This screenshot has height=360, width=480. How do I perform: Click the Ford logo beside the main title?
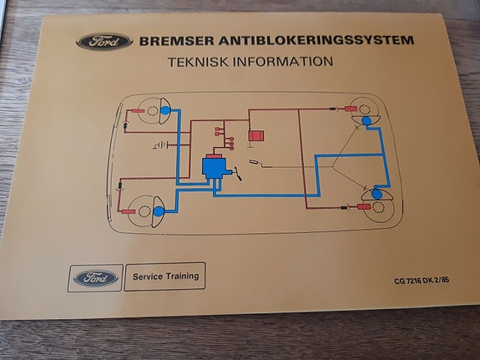[x=104, y=42]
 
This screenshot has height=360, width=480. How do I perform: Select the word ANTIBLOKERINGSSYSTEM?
[x=316, y=40]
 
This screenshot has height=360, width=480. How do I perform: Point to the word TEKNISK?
[x=198, y=62]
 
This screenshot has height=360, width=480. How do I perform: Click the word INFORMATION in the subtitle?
[x=282, y=61]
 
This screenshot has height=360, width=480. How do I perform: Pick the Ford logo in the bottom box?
[x=96, y=278]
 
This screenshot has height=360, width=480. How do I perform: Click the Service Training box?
[x=165, y=276]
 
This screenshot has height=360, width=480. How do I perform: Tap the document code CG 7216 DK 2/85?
[x=422, y=281]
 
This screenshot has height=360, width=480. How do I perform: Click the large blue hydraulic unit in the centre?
[x=215, y=167]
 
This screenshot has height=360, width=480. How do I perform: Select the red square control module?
[x=256, y=135]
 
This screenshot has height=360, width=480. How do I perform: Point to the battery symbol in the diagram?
[x=161, y=145]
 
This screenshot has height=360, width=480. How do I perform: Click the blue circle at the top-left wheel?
[x=165, y=110]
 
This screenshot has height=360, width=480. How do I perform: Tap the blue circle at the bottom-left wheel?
[x=159, y=211]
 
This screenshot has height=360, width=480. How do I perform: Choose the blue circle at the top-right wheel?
[x=366, y=121]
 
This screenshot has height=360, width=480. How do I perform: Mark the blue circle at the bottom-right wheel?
[x=376, y=195]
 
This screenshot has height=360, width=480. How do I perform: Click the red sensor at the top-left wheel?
[x=138, y=111]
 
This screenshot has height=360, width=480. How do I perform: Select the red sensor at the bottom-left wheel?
[x=129, y=211]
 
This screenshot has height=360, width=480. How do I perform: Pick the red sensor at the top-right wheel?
[x=351, y=109]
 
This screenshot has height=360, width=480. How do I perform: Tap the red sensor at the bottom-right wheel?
[x=364, y=207]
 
